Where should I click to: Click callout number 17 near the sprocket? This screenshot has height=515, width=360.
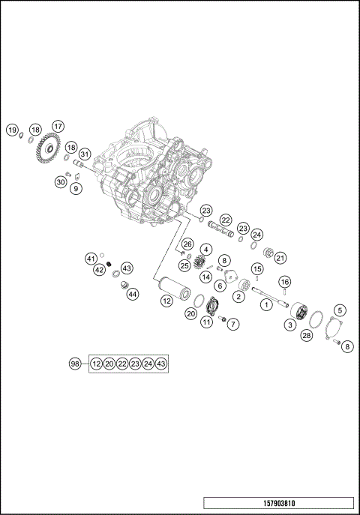tap(58, 126)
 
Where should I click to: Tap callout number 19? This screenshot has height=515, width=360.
tap(13, 130)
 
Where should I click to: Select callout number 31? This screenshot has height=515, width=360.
tap(85, 154)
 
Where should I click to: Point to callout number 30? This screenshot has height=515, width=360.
tap(61, 181)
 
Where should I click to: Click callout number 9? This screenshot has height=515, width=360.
tap(76, 190)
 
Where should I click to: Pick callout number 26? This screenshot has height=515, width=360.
tap(187, 244)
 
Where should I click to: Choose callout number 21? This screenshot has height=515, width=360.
tap(281, 258)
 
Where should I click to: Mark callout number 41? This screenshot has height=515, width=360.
tap(91, 259)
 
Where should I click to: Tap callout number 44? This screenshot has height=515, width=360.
tap(132, 294)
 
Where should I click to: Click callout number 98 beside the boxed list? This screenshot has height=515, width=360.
tap(75, 364)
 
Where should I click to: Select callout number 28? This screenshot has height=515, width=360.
tap(306, 336)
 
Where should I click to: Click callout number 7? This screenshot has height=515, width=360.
tap(234, 325)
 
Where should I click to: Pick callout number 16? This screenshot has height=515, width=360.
tap(285, 281)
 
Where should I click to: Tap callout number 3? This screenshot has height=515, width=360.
tap(289, 325)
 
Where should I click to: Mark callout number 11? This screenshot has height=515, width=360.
tap(205, 322)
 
